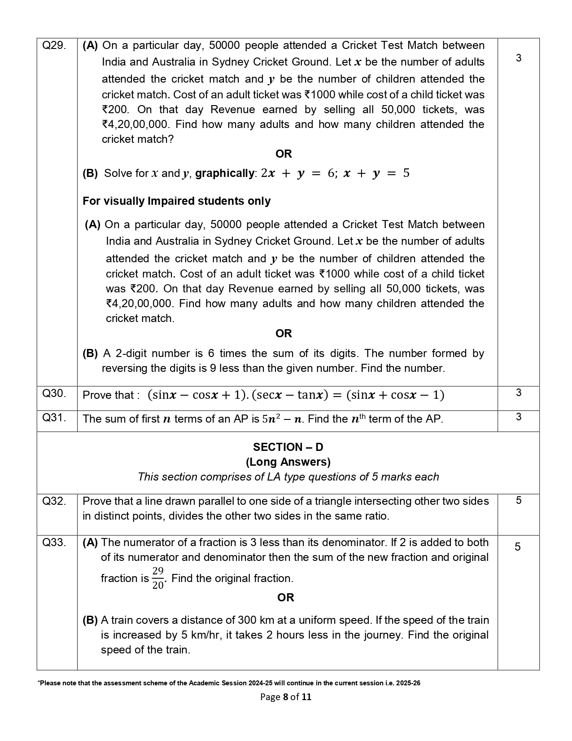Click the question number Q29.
tap(54, 45)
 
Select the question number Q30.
tap(54, 393)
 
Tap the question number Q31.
tap(54, 418)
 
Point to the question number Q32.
tap(54, 501)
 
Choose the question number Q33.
tap(54, 543)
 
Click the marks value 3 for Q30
tap(518, 393)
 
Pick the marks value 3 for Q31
tap(518, 417)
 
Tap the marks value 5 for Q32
tap(518, 501)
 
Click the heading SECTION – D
tap(288, 447)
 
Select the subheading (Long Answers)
tap(288, 462)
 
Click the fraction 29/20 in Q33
tap(158, 578)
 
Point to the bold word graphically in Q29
tap(224, 173)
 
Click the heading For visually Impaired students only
tap(176, 201)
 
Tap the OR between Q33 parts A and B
tap(286, 598)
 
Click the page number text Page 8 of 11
tap(286, 697)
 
